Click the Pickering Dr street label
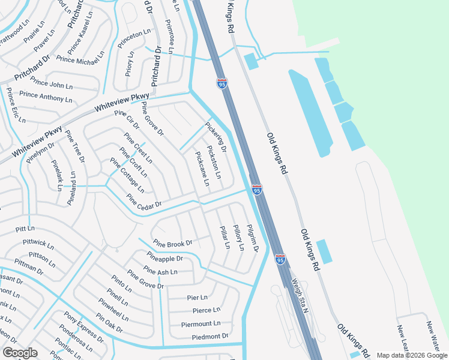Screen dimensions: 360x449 [x=216, y=137]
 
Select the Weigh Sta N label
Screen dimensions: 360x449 [x=299, y=295]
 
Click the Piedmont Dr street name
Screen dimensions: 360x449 [x=210, y=337]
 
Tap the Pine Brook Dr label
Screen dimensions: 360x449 [x=172, y=244]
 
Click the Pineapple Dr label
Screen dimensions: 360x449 [x=164, y=259]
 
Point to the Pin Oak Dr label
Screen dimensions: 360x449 [x=109, y=324]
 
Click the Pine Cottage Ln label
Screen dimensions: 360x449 [x=127, y=175]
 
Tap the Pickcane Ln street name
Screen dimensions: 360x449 [x=202, y=168]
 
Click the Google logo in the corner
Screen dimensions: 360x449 [x=20, y=353]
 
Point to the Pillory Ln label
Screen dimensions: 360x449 [x=239, y=236]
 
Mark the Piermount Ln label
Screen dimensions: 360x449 [x=201, y=324]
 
